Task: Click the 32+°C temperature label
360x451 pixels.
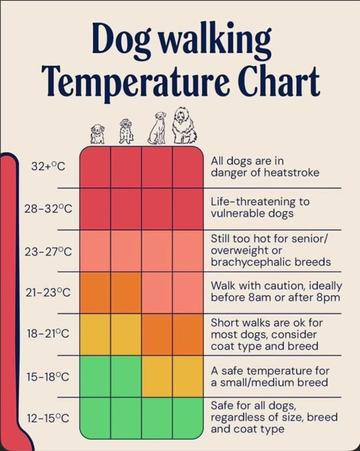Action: pyautogui.click(x=48, y=166)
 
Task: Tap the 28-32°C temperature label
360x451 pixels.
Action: pyautogui.click(x=48, y=209)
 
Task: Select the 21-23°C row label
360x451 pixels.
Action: pyautogui.click(x=48, y=292)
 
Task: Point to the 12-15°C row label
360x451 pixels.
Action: pyautogui.click(x=48, y=418)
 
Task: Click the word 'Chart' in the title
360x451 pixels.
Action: pyautogui.click(x=279, y=81)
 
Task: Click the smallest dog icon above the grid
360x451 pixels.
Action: pyautogui.click(x=97, y=134)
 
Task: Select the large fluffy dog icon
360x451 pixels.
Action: pyautogui.click(x=184, y=126)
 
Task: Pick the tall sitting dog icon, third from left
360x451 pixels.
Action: pyautogui.click(x=157, y=128)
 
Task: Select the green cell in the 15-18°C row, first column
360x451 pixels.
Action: pyautogui.click(x=95, y=377)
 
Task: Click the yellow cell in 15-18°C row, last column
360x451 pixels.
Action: pyautogui.click(x=188, y=377)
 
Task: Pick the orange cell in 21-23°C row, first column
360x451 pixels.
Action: pyautogui.click(x=95, y=293)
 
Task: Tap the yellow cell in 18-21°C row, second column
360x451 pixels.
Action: pyautogui.click(x=126, y=335)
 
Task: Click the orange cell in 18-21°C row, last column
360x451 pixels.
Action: pyautogui.click(x=188, y=335)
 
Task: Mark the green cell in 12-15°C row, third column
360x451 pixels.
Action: pyautogui.click(x=157, y=418)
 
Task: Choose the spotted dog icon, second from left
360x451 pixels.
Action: pyautogui.click(x=126, y=131)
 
